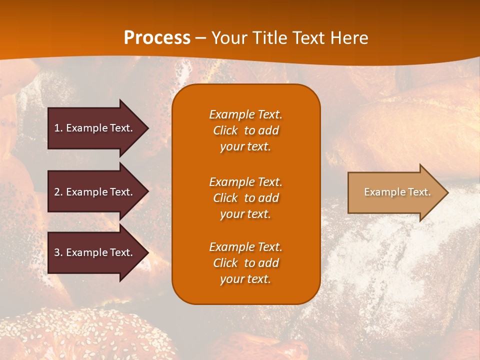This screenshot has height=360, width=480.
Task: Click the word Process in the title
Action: click(x=157, y=38)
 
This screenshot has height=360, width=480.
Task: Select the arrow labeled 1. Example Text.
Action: click(x=95, y=128)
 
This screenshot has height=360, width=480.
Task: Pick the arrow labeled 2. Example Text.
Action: click(x=95, y=192)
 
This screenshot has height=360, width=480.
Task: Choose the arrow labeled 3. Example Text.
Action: click(x=95, y=252)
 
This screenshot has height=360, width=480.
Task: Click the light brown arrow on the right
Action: click(x=395, y=192)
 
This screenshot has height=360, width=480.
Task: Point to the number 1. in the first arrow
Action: click(x=58, y=128)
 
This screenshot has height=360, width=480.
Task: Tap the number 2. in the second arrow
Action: click(x=58, y=192)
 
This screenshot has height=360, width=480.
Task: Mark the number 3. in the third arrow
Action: click(x=58, y=252)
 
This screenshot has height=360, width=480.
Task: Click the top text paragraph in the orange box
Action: click(x=245, y=130)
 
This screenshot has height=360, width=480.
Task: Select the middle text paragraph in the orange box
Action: click(x=245, y=198)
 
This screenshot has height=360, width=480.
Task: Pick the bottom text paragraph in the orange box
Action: click(x=245, y=263)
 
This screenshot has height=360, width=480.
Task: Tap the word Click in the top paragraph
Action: click(x=225, y=130)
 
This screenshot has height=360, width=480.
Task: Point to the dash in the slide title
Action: click(x=200, y=38)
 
